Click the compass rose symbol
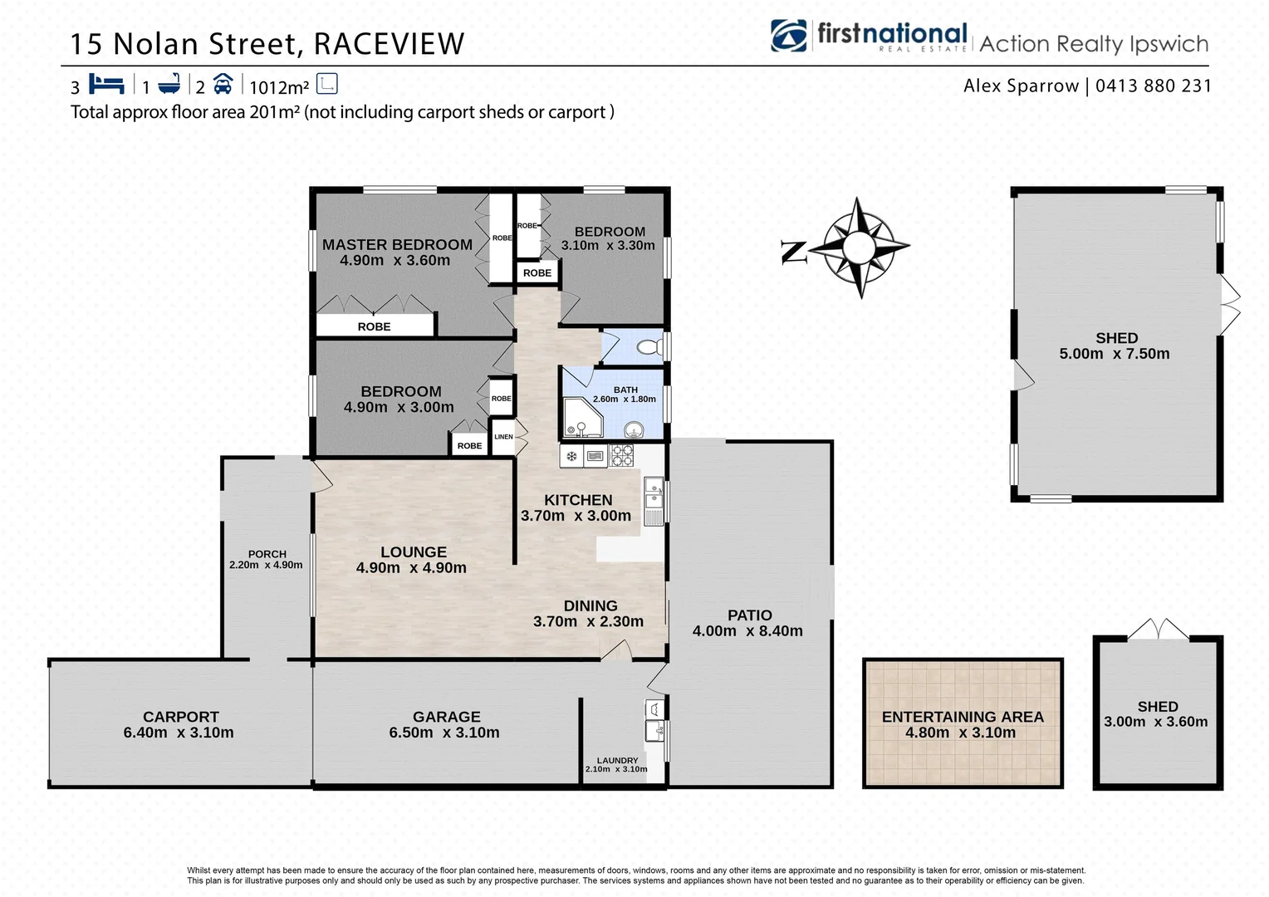click(x=860, y=247)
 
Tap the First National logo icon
click(x=788, y=36)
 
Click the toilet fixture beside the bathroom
click(x=647, y=347)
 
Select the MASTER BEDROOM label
click(x=397, y=244)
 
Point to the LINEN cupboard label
click(x=503, y=437)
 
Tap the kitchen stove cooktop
click(x=622, y=455)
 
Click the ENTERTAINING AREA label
click(x=962, y=717)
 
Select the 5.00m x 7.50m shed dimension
click(x=1114, y=354)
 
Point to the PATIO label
click(x=749, y=615)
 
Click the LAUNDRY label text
click(x=617, y=760)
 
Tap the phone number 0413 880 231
click(x=1153, y=86)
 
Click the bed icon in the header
click(x=106, y=84)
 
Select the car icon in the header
click(x=223, y=84)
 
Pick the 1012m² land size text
click(x=279, y=87)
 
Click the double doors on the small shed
click(x=1158, y=630)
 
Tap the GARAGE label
click(x=446, y=717)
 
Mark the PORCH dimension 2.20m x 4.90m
click(x=266, y=566)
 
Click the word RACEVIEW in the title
click(x=389, y=44)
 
